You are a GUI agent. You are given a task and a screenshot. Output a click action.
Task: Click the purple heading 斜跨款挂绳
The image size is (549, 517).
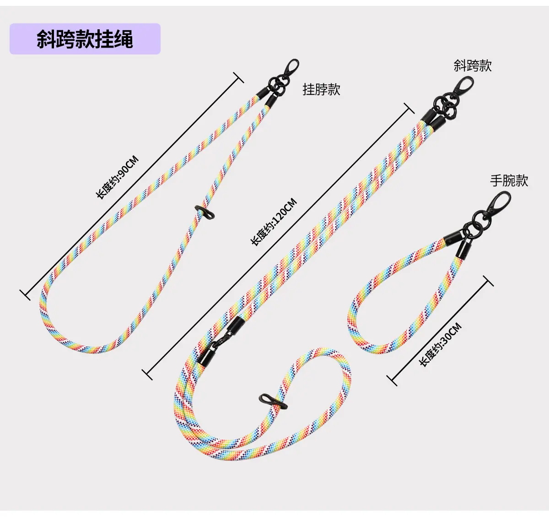[85, 39]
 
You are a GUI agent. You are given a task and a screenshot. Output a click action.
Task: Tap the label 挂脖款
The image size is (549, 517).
[321, 89]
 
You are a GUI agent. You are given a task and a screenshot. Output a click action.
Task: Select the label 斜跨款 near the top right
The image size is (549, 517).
[473, 66]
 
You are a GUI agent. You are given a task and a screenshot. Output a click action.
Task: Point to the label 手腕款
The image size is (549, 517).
[509, 181]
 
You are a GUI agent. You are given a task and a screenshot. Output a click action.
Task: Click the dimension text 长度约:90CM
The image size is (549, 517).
[117, 177]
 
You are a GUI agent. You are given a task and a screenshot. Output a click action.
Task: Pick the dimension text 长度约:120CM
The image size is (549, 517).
[274, 222]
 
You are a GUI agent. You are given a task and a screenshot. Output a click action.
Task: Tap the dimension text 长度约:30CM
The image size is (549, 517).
[441, 344]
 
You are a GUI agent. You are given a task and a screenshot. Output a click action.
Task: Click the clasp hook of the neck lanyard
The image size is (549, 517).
[291, 69]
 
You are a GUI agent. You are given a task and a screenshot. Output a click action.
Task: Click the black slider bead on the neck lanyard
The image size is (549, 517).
[205, 212]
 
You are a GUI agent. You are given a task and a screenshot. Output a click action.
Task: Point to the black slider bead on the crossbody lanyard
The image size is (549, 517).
[273, 401]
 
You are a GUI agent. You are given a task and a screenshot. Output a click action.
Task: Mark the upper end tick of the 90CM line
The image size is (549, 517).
[238, 77]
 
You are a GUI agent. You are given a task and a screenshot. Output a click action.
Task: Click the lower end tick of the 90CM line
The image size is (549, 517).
[25, 295]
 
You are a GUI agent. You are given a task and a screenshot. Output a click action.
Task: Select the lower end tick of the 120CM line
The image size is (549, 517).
[147, 375]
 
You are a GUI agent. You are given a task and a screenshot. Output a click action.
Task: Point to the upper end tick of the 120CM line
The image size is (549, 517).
[409, 108]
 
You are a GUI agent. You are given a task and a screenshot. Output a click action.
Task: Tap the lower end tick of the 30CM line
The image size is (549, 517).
[392, 381]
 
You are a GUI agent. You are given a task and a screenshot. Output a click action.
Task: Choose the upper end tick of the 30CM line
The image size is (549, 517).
[488, 281]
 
